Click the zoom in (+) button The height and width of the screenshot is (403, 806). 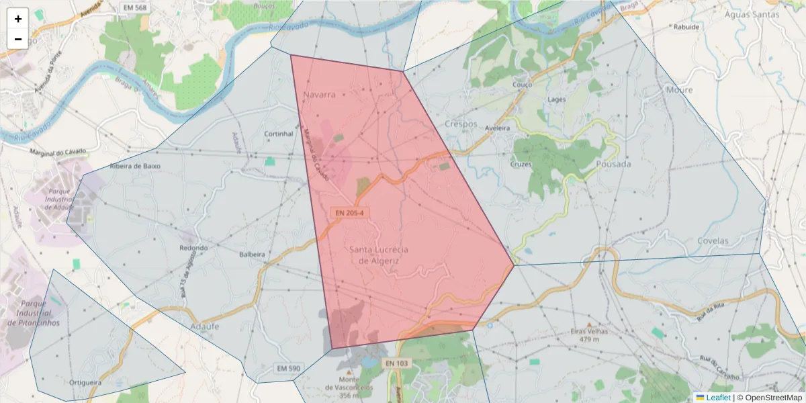pos(18,19)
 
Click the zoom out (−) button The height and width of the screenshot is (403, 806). pos(18,39)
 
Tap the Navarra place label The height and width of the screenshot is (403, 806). pos(319,95)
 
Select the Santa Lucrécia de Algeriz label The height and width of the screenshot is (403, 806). pos(379,255)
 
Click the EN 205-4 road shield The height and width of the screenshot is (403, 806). pos(349,213)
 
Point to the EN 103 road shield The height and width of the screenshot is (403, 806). pos(397,363)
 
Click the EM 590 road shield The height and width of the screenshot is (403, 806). pos(289,369)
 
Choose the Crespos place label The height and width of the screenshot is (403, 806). pos(461,124)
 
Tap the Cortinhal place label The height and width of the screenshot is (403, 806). pos(279,134)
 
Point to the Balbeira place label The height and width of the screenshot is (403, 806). pos(253,255)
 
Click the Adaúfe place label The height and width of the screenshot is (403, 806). pos(205,326)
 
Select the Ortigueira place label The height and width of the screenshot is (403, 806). pos(85,382)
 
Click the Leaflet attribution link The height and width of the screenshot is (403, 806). pos(718,398)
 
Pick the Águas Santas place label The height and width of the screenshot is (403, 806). pos(758,14)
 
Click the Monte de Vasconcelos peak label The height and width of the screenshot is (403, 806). pos(349,387)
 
